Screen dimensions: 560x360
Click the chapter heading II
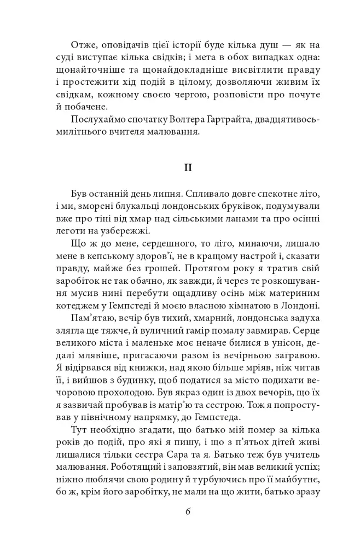point(187,168)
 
